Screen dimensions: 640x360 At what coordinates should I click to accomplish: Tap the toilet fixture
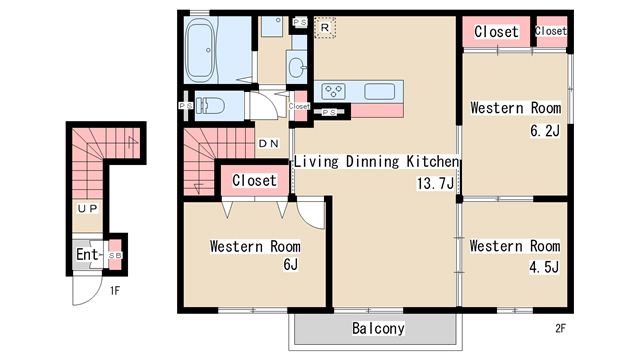click(210, 106)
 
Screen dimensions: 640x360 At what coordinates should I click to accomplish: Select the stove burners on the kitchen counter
click(333, 91)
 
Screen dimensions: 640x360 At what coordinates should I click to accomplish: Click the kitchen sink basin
click(379, 91)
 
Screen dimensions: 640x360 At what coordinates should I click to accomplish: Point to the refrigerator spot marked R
click(325, 28)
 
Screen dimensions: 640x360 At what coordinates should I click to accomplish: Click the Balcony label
click(378, 328)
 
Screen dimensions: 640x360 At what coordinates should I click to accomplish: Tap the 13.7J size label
click(435, 183)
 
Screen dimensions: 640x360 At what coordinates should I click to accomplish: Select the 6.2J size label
click(545, 131)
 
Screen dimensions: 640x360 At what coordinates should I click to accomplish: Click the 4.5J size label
click(544, 267)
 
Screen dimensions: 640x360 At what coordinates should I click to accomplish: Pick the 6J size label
click(291, 264)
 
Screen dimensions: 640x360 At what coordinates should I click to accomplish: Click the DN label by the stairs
click(269, 143)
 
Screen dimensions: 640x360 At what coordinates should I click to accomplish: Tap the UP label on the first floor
click(88, 209)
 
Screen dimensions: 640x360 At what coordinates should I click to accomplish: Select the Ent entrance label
click(87, 254)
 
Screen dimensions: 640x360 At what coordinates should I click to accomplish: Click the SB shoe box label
click(115, 256)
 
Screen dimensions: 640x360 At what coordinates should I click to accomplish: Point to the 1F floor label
click(115, 291)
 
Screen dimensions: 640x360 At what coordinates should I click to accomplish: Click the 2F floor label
click(560, 328)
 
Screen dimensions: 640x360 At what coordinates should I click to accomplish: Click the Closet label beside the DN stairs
click(254, 180)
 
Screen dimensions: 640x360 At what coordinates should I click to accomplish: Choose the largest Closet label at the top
click(496, 31)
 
